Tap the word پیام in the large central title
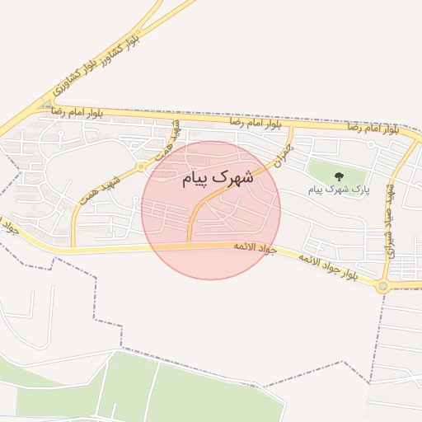(195, 179)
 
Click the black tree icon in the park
(339, 176)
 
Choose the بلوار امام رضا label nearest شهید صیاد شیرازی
(373, 128)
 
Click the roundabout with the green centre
(382, 286)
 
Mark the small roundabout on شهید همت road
(142, 166)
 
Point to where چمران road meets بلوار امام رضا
(291, 128)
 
